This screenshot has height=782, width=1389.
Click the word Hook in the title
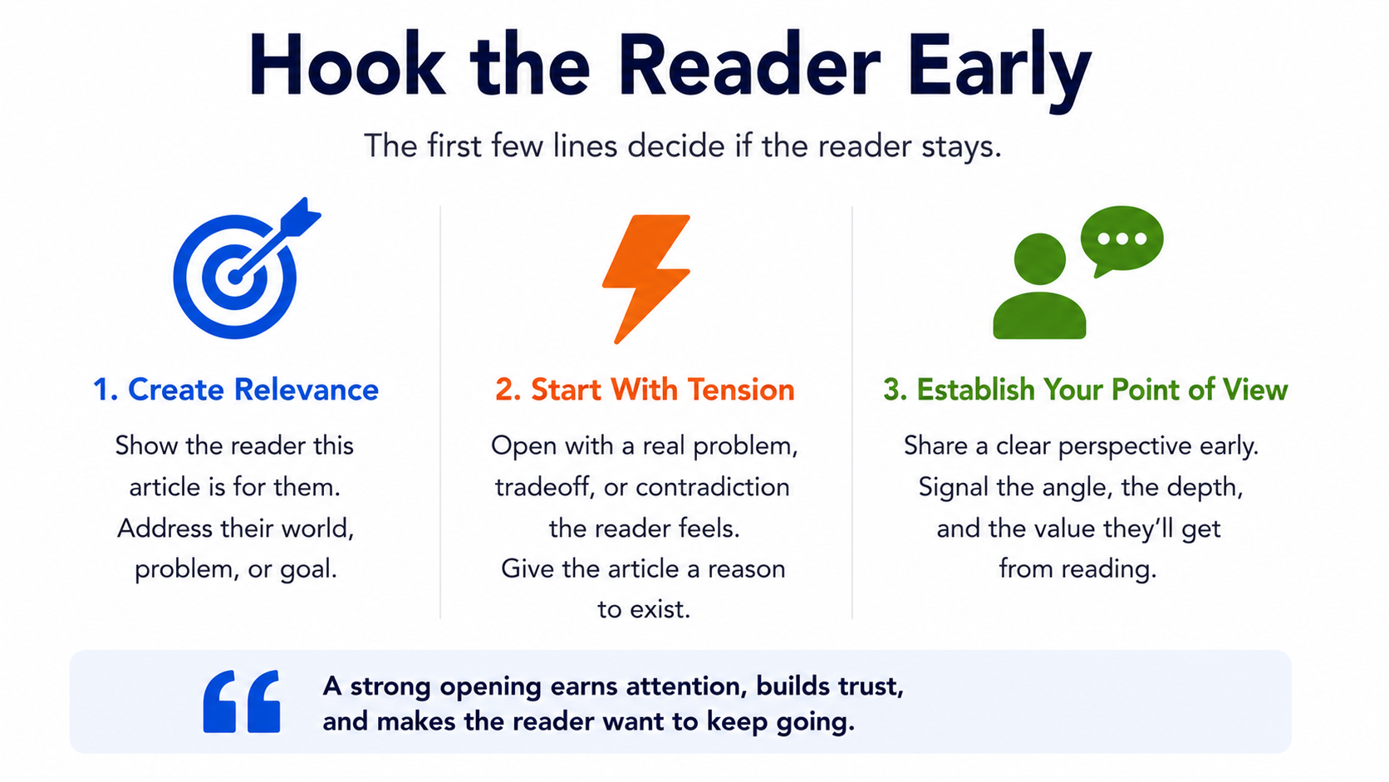coord(347,65)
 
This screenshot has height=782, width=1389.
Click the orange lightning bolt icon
coord(646,279)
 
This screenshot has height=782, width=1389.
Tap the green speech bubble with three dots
coord(1122,241)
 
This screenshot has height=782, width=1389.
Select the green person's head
coord(1040,258)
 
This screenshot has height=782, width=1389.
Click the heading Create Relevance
coord(236,390)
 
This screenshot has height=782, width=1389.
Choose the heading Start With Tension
coord(645,390)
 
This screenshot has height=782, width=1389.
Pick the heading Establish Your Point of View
coord(1085,390)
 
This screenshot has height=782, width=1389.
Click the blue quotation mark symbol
coord(241,701)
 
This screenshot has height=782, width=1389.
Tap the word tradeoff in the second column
coord(545,487)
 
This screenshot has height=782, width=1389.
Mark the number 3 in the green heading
coord(891,390)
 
